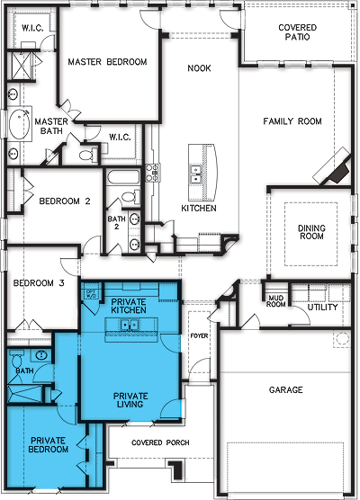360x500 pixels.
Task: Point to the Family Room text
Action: pyautogui.click(x=292, y=121)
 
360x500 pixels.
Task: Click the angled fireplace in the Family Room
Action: pyautogui.click(x=337, y=166)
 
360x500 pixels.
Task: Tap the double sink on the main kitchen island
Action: pyautogui.click(x=195, y=175)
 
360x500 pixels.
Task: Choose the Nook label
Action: pyautogui.click(x=198, y=68)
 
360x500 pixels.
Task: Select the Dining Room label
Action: pyautogui.click(x=311, y=234)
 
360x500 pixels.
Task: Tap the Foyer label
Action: pyautogui.click(x=198, y=338)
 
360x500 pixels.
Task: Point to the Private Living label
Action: pyautogui.click(x=131, y=401)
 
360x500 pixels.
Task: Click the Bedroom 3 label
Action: pyautogui.click(x=38, y=284)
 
